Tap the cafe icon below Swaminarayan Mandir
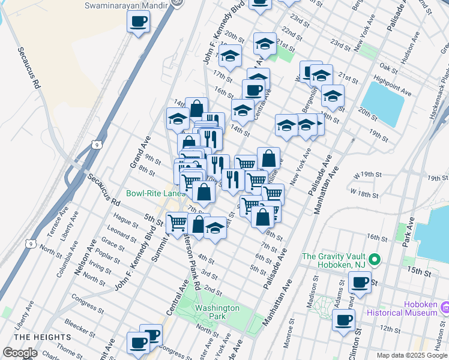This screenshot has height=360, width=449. pyautogui.click(x=139, y=23)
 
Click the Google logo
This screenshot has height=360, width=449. pyautogui.click(x=20, y=353)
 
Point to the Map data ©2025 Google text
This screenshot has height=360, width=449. pyautogui.click(x=411, y=355)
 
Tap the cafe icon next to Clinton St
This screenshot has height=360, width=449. pyautogui.click(x=343, y=319)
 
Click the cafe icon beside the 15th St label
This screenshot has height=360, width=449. pyautogui.click(x=360, y=281)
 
